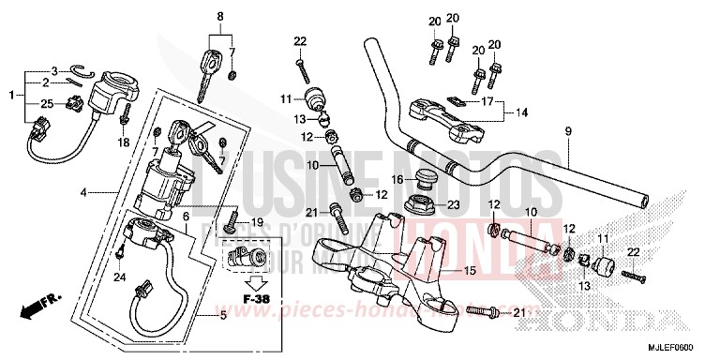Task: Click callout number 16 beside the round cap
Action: [397, 178]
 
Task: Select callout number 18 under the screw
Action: [120, 142]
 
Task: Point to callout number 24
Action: [119, 277]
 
